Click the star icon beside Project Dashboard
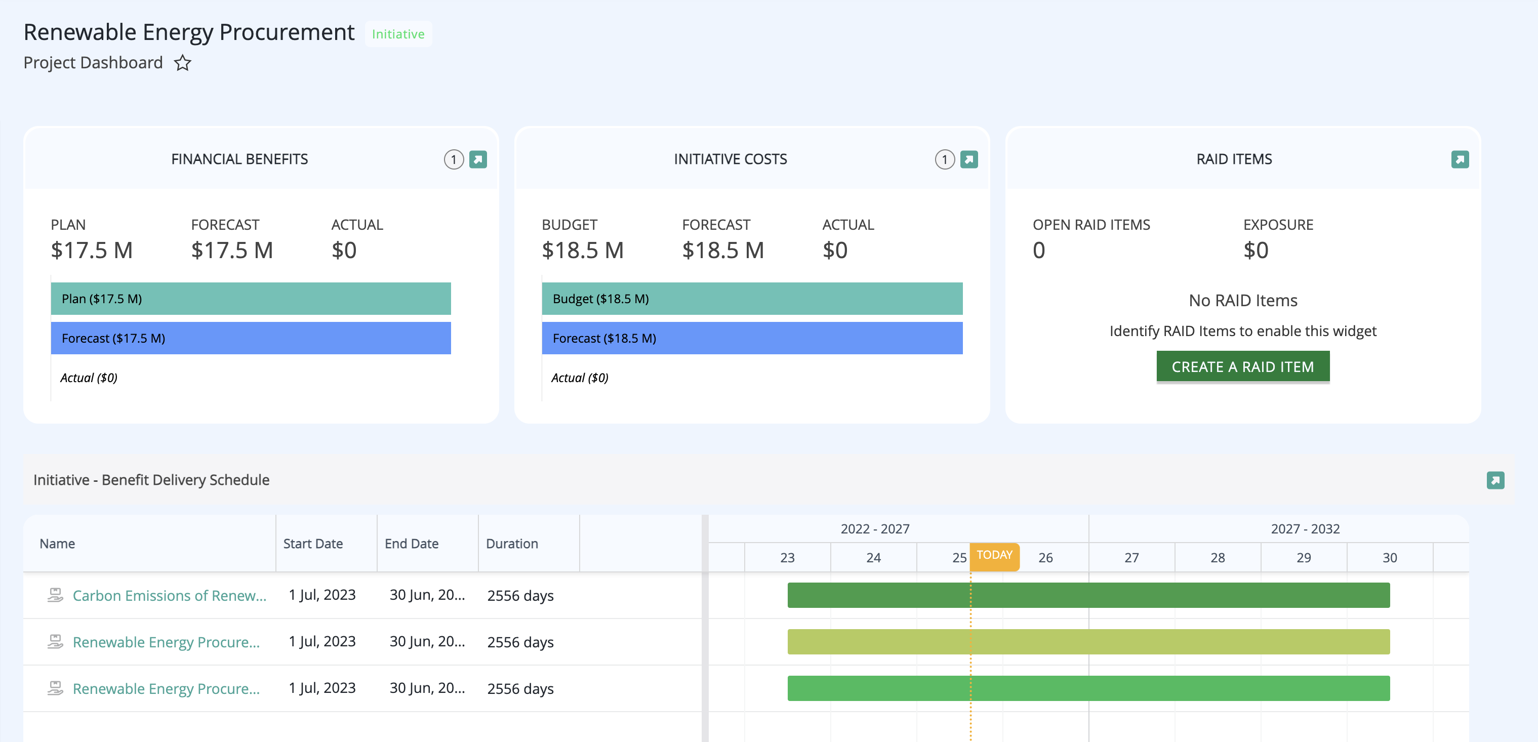[x=183, y=63]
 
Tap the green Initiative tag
[x=398, y=34]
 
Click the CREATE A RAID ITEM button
[x=1242, y=366]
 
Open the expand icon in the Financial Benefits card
[x=478, y=159]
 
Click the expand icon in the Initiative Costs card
[x=969, y=159]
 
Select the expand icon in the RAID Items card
[x=1460, y=159]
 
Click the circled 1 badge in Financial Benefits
[x=454, y=159]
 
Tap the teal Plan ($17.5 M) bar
[x=251, y=299]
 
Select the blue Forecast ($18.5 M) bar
[x=752, y=338]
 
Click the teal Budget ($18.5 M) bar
[x=752, y=299]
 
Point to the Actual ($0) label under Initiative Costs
[x=580, y=378]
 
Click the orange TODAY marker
[x=995, y=555]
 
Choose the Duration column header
[x=512, y=544]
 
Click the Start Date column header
[x=313, y=544]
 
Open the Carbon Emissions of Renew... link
[x=170, y=596]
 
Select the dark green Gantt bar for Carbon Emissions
[x=1088, y=595]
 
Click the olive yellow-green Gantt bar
[x=1088, y=642]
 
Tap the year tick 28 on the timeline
[x=1218, y=558]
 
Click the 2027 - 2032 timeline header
[x=1305, y=529]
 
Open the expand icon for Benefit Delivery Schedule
[x=1495, y=480]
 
